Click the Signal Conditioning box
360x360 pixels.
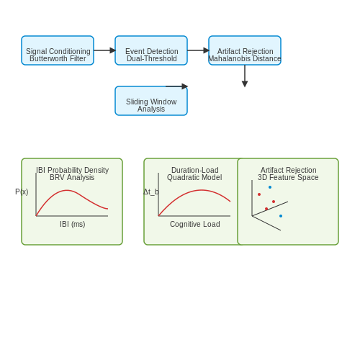point(58,50)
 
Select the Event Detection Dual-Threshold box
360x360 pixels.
point(151,50)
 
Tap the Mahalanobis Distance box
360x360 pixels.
point(245,50)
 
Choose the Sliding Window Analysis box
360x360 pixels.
point(151,101)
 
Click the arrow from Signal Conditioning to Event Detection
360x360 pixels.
point(104,50)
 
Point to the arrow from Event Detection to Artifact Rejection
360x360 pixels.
point(198,50)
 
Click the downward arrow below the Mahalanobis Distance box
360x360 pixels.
point(245,76)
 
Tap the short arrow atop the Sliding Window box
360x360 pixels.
point(176,86)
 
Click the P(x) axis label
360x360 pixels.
point(22,192)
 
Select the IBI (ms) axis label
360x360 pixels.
point(73,224)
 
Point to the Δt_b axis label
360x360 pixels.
point(151,192)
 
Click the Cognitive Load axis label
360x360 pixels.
point(195,224)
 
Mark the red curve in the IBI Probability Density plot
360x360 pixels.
point(67,190)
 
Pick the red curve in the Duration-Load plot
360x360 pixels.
point(202,190)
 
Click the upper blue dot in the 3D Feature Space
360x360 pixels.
point(270,187)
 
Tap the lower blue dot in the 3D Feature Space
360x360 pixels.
point(281,216)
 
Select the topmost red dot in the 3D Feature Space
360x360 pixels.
point(259,194)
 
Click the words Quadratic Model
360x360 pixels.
point(194,178)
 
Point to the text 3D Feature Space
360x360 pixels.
point(288,178)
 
